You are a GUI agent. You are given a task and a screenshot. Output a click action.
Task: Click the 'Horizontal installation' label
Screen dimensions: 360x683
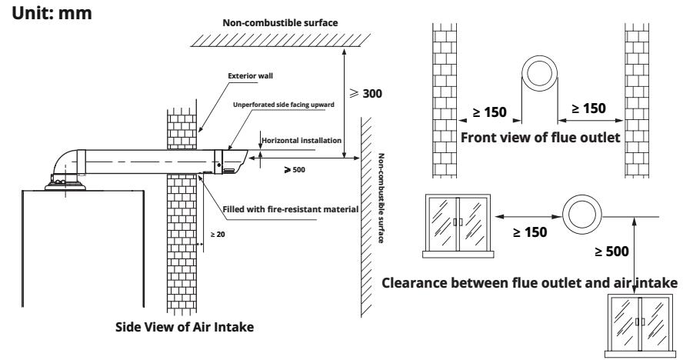pos(301,141)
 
